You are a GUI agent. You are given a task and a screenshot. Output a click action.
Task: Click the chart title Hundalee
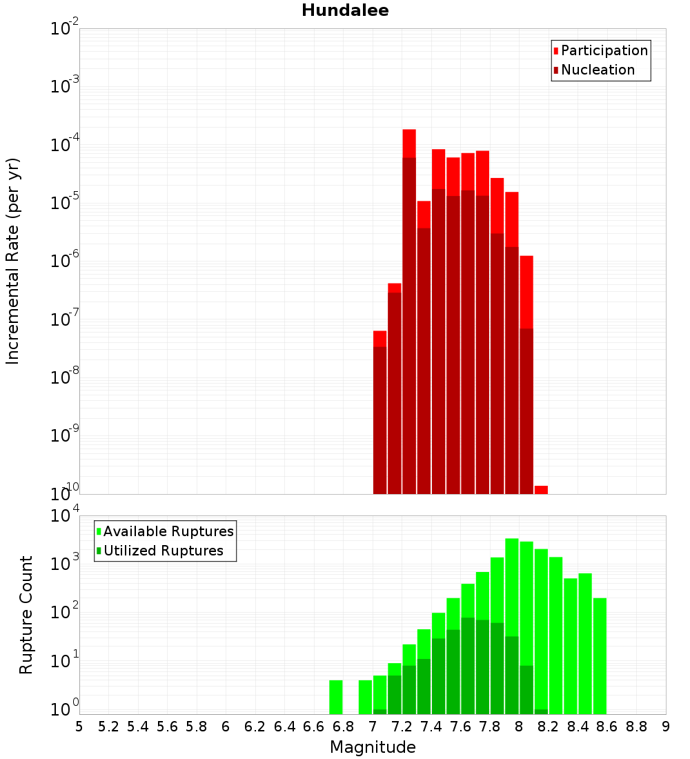tap(345, 10)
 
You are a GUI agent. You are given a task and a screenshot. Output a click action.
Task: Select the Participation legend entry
tap(604, 50)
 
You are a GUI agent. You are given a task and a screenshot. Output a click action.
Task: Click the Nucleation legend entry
tap(597, 70)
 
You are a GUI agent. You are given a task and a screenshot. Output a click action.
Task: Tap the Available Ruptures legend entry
tap(168, 531)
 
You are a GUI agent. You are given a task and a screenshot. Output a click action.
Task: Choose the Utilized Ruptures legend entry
tap(162, 551)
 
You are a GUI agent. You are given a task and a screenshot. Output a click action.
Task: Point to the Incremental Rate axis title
tap(13, 261)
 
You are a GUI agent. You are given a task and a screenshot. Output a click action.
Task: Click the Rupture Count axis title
tap(26, 614)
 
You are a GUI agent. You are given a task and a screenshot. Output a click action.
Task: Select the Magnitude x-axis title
tap(373, 747)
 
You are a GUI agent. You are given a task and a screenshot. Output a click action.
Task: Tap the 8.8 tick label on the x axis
tap(636, 727)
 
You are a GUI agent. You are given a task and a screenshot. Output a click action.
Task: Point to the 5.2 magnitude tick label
tap(108, 727)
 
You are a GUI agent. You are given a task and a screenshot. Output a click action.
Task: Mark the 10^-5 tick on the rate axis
tap(64, 203)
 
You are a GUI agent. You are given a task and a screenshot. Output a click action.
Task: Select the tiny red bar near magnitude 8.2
tap(541, 490)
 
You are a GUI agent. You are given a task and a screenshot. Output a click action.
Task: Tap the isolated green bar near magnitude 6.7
tap(336, 697)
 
